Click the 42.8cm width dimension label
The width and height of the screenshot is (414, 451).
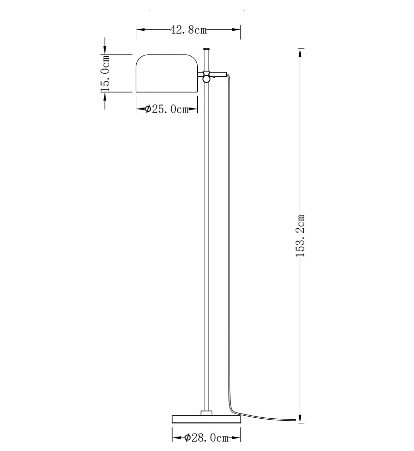(x=188, y=30)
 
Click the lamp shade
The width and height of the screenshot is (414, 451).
(x=167, y=73)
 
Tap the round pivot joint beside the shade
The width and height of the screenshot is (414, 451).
(x=207, y=78)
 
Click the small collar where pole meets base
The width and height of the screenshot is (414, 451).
(x=206, y=413)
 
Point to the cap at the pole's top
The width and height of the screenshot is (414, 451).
(x=207, y=50)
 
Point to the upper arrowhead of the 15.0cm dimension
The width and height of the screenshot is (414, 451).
(x=106, y=49)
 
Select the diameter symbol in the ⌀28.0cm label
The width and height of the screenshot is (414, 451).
(x=188, y=437)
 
